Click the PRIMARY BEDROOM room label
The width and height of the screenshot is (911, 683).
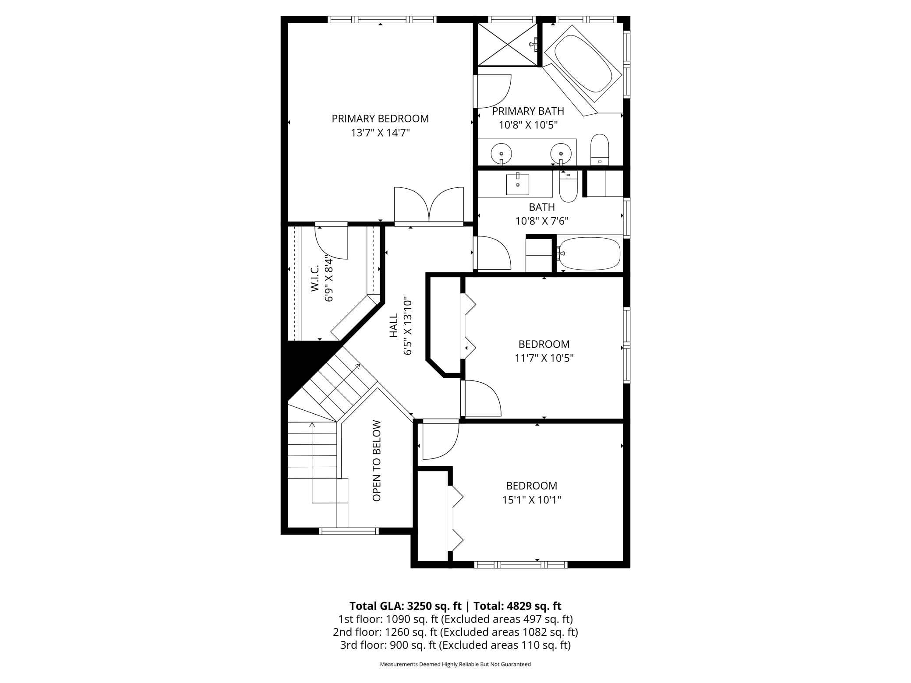[380, 119]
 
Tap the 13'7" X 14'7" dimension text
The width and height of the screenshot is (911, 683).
[380, 133]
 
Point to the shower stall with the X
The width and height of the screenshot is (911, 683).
[507, 44]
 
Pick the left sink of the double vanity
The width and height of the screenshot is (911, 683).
[501, 153]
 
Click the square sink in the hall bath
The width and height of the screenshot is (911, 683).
[517, 184]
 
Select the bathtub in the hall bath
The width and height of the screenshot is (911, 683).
[589, 253]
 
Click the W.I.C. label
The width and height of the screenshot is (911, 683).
[314, 280]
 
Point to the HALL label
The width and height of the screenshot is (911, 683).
[394, 325]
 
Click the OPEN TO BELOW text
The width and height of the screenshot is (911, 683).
[377, 461]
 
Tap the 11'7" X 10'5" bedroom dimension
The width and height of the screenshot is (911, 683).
[544, 358]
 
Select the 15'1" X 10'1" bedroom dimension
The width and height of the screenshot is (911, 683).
[531, 500]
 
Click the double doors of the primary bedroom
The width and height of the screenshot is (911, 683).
[429, 206]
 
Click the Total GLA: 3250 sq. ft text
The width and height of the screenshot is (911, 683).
[405, 606]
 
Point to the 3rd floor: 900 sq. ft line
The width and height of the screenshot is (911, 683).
[455, 645]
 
